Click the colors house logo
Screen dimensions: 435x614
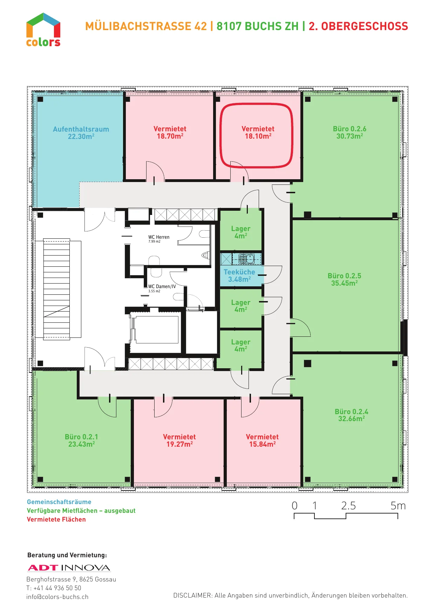point(43,30)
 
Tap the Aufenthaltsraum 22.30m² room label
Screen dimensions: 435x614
point(81,133)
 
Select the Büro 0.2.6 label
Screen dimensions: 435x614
point(349,132)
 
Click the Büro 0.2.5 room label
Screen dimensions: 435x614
point(345,279)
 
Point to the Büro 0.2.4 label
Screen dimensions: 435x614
point(352,415)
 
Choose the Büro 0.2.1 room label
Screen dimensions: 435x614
point(81,440)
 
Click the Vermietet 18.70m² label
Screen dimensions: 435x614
point(170,132)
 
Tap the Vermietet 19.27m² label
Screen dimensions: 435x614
point(179,440)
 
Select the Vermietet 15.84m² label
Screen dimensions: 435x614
point(262,440)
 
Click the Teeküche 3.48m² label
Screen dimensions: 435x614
point(239,275)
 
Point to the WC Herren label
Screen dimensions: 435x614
point(159,237)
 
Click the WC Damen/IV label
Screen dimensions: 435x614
point(162,286)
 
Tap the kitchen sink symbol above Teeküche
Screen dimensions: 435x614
point(246,259)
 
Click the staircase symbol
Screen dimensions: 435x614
point(56,289)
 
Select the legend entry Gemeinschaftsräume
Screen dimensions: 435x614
point(59,502)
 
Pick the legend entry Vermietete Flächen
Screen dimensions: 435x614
point(56,519)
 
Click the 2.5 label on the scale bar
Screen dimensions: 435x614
point(348,505)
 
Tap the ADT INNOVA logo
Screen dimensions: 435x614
point(69,568)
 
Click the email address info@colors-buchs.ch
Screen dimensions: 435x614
point(57,597)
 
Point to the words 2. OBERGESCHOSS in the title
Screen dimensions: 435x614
point(358,26)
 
